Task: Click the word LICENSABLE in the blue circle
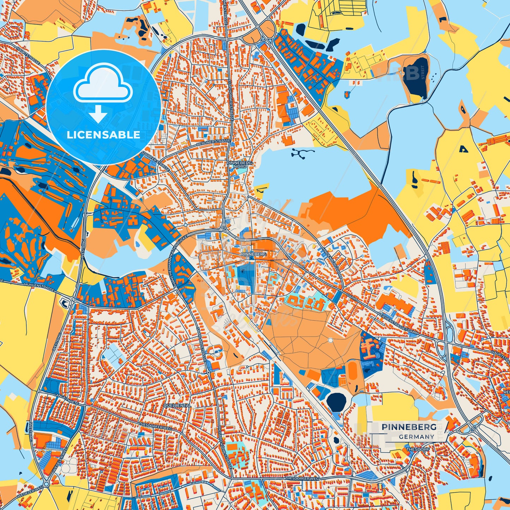(x=103, y=135)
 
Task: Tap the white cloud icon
(x=103, y=86)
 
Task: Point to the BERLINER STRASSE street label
(x=214, y=143)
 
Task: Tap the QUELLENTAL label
(x=177, y=406)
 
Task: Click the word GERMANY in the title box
(x=416, y=437)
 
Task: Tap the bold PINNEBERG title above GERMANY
(x=409, y=427)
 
